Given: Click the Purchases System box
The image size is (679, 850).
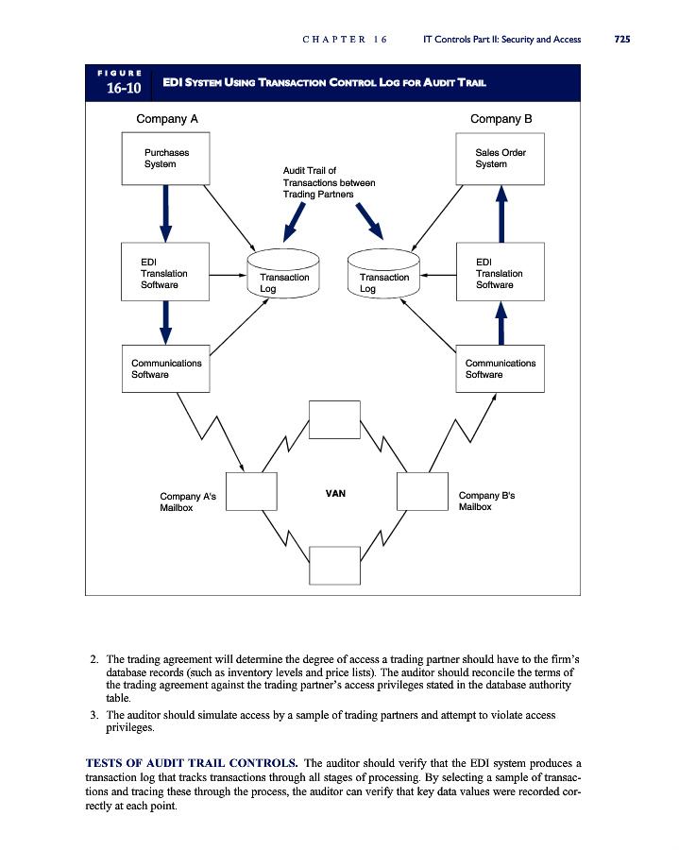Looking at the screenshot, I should point(165,158).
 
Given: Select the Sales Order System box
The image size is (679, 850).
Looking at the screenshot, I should point(501,158).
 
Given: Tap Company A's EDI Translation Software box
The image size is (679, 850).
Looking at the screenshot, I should point(165,272).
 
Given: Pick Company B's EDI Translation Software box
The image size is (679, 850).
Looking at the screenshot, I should point(501,272).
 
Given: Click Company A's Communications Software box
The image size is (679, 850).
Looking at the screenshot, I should point(165,368).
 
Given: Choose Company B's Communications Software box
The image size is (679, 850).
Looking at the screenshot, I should point(501,368).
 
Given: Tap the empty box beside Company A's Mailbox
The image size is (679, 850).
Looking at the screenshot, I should point(250,491).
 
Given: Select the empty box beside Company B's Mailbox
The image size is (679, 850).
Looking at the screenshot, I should point(421,491).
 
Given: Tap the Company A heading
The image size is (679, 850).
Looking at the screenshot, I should point(167,119).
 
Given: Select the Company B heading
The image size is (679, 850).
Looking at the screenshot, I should point(501,119).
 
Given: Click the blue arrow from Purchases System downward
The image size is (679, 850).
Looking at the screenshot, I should point(165,212).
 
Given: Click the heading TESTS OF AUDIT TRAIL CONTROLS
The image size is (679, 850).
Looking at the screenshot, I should point(192,761).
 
